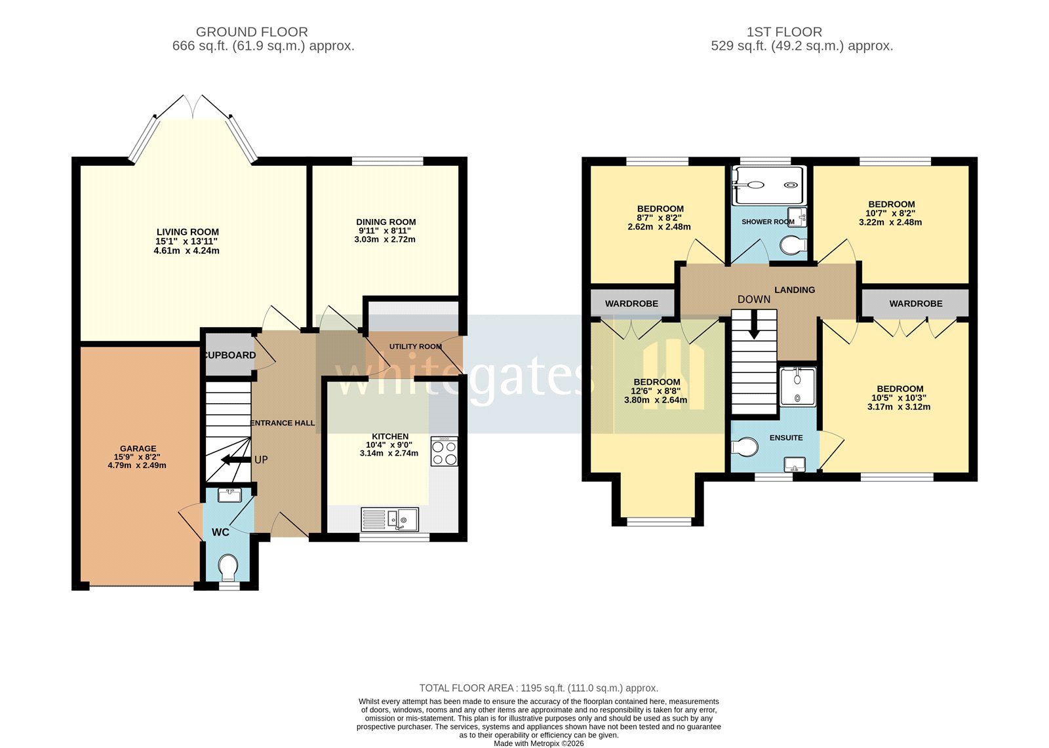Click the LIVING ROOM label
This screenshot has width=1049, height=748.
(188, 232)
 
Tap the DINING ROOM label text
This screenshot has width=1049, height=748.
(386, 222)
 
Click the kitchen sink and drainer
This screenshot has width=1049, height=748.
(389, 520)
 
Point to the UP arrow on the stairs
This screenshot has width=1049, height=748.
(231, 460)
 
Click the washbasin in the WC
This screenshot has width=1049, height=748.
(229, 495)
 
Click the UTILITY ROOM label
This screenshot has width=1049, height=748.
(416, 346)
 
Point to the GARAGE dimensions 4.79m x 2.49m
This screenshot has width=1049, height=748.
(137, 465)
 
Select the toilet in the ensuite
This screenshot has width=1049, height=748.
(745, 447)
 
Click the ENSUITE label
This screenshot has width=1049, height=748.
(786, 437)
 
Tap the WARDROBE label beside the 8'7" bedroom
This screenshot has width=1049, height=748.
(631, 304)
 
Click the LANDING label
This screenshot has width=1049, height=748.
(795, 290)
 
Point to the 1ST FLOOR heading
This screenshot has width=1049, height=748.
(784, 31)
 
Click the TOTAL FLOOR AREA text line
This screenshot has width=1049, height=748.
(538, 688)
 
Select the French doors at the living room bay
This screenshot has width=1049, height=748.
(193, 108)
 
